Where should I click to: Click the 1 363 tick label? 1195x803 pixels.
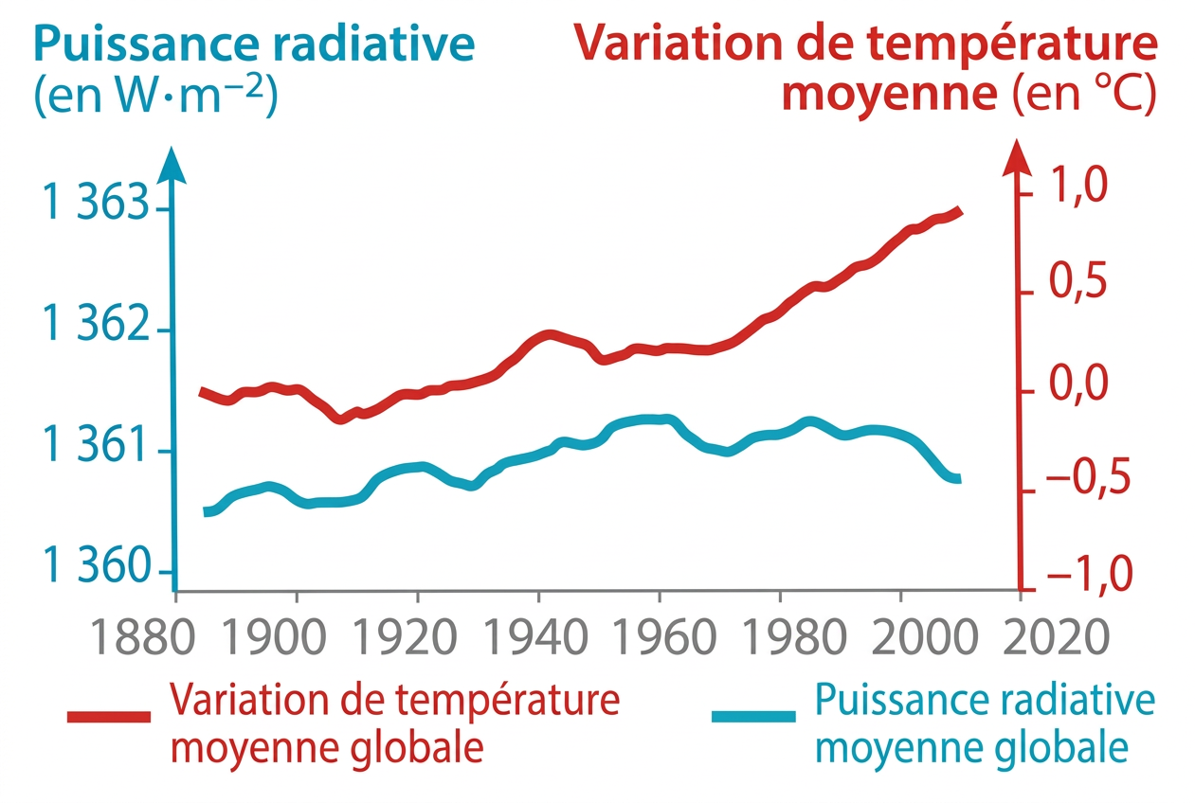(96, 204)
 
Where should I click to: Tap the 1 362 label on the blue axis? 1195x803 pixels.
(96, 326)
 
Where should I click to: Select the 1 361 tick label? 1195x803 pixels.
(96, 448)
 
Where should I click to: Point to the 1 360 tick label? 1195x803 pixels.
(96, 568)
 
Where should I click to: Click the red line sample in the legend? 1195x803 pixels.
(109, 717)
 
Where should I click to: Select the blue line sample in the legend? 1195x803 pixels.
(753, 717)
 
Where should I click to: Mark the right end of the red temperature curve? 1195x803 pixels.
(959, 210)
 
